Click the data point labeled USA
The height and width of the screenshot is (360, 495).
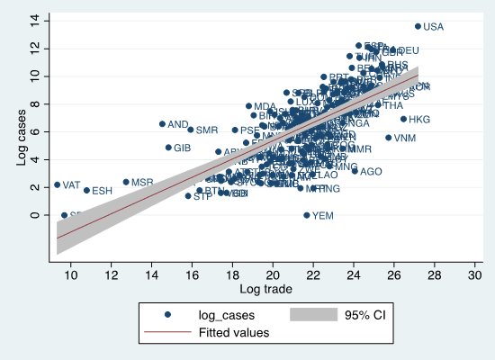tap(418, 26)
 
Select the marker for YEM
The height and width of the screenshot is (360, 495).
tap(306, 215)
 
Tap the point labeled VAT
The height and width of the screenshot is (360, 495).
tap(57, 184)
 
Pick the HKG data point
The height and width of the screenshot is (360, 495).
tap(403, 119)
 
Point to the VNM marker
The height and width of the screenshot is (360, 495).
tap(389, 138)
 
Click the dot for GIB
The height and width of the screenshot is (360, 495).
tap(168, 148)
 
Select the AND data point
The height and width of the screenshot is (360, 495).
tap(162, 124)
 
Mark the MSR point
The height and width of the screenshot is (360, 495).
tap(126, 182)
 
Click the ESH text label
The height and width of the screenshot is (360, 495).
tap(102, 191)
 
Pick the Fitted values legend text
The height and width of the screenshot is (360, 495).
tap(233, 332)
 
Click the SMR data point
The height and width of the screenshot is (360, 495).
tap(191, 130)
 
